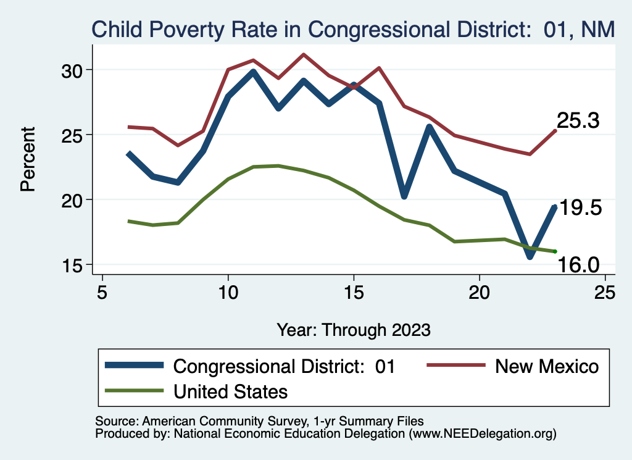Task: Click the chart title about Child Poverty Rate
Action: [x=353, y=29]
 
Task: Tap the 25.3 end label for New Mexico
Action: [x=578, y=121]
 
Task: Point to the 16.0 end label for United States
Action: [x=578, y=265]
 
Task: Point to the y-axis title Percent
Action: [x=28, y=159]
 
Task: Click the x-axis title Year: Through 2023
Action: [x=354, y=329]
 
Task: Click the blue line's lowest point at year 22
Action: [x=530, y=255]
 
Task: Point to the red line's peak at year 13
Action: [x=304, y=54]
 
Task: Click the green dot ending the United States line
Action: [x=555, y=251]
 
